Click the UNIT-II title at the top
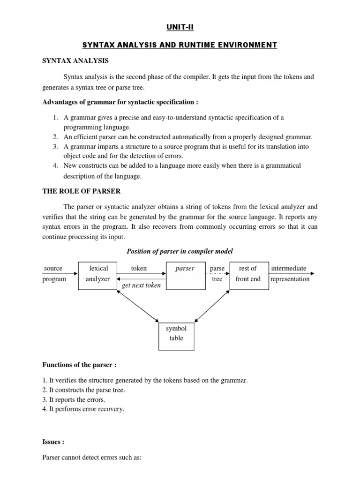pos(180,28)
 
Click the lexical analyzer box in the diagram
pos(97,275)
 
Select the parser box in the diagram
pos(187,275)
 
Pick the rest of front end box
pos(248,275)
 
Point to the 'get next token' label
pos(141,285)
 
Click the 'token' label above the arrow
pos(139,269)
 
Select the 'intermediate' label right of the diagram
pos(289,269)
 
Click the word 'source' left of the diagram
pos(53,269)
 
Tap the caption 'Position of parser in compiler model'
pos(180,252)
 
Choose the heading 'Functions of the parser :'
pos(79,365)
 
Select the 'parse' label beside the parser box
pos(217,269)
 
